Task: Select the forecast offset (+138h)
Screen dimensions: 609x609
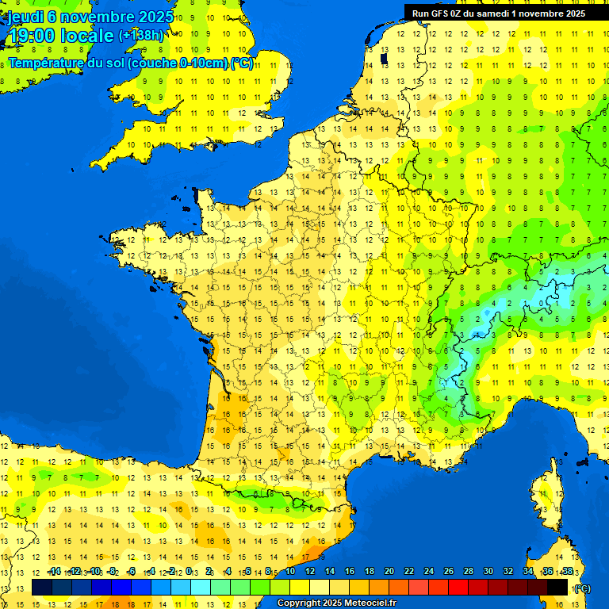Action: [x=141, y=36]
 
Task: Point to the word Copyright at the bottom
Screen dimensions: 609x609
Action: [x=300, y=603]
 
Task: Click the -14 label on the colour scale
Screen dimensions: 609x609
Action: [x=54, y=571]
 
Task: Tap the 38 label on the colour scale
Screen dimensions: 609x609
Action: [x=567, y=571]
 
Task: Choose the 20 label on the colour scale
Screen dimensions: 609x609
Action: [x=389, y=571]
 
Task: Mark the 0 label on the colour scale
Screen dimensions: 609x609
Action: [x=190, y=571]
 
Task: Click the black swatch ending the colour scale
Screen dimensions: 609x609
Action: [x=557, y=587]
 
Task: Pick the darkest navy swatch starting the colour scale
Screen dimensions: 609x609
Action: [x=42, y=587]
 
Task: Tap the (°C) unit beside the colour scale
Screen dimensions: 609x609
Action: [x=581, y=588]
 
